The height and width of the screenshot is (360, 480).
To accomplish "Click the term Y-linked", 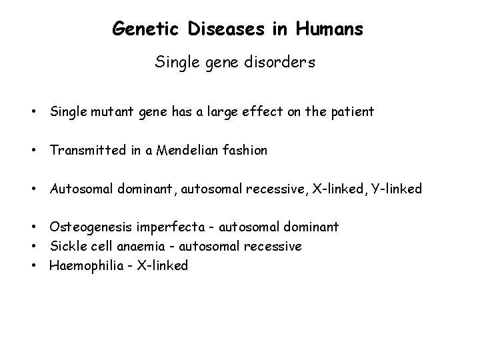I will tap(397, 189).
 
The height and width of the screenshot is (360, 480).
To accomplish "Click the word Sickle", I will tap(68, 246).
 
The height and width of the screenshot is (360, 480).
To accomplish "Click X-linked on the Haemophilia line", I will tap(163, 265).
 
